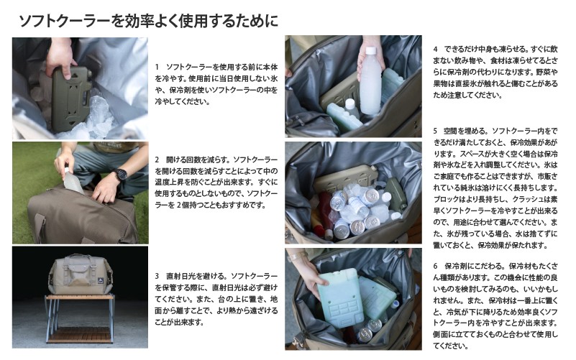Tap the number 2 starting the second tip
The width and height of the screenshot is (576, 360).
[157, 158]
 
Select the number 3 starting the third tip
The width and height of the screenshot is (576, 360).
[157, 275]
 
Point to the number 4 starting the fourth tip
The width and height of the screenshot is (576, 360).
[436, 49]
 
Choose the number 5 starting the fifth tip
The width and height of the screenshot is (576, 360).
[436, 131]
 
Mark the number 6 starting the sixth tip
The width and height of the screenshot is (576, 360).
[436, 265]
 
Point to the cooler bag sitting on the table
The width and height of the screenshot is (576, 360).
[78, 274]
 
